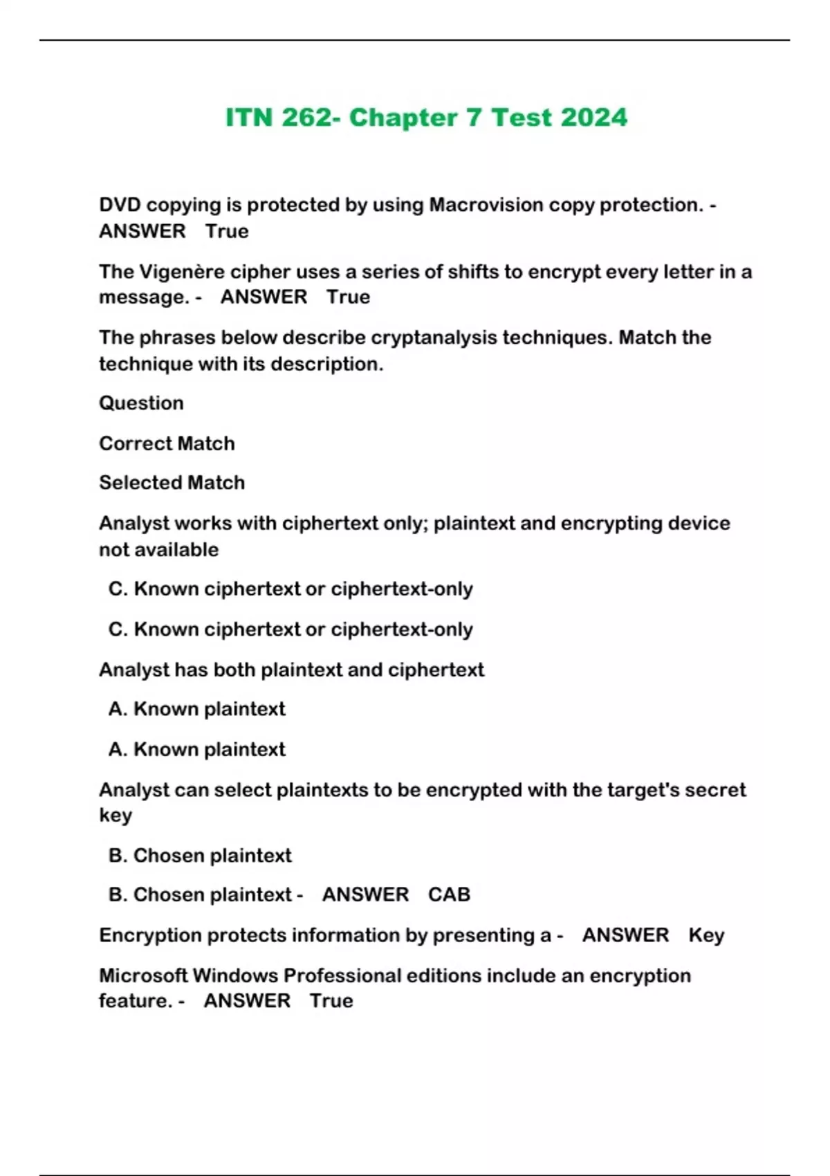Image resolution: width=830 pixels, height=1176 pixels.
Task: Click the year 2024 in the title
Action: pyautogui.click(x=593, y=118)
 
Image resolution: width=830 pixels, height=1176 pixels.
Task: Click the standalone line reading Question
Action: pyautogui.click(x=141, y=403)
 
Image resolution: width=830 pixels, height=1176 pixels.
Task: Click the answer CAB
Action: pyautogui.click(x=449, y=894)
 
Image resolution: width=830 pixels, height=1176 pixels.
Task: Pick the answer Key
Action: pyautogui.click(x=706, y=935)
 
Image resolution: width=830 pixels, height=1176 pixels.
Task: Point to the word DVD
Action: pyautogui.click(x=120, y=205)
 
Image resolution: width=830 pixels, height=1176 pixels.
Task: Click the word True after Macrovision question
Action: pyautogui.click(x=226, y=231)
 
